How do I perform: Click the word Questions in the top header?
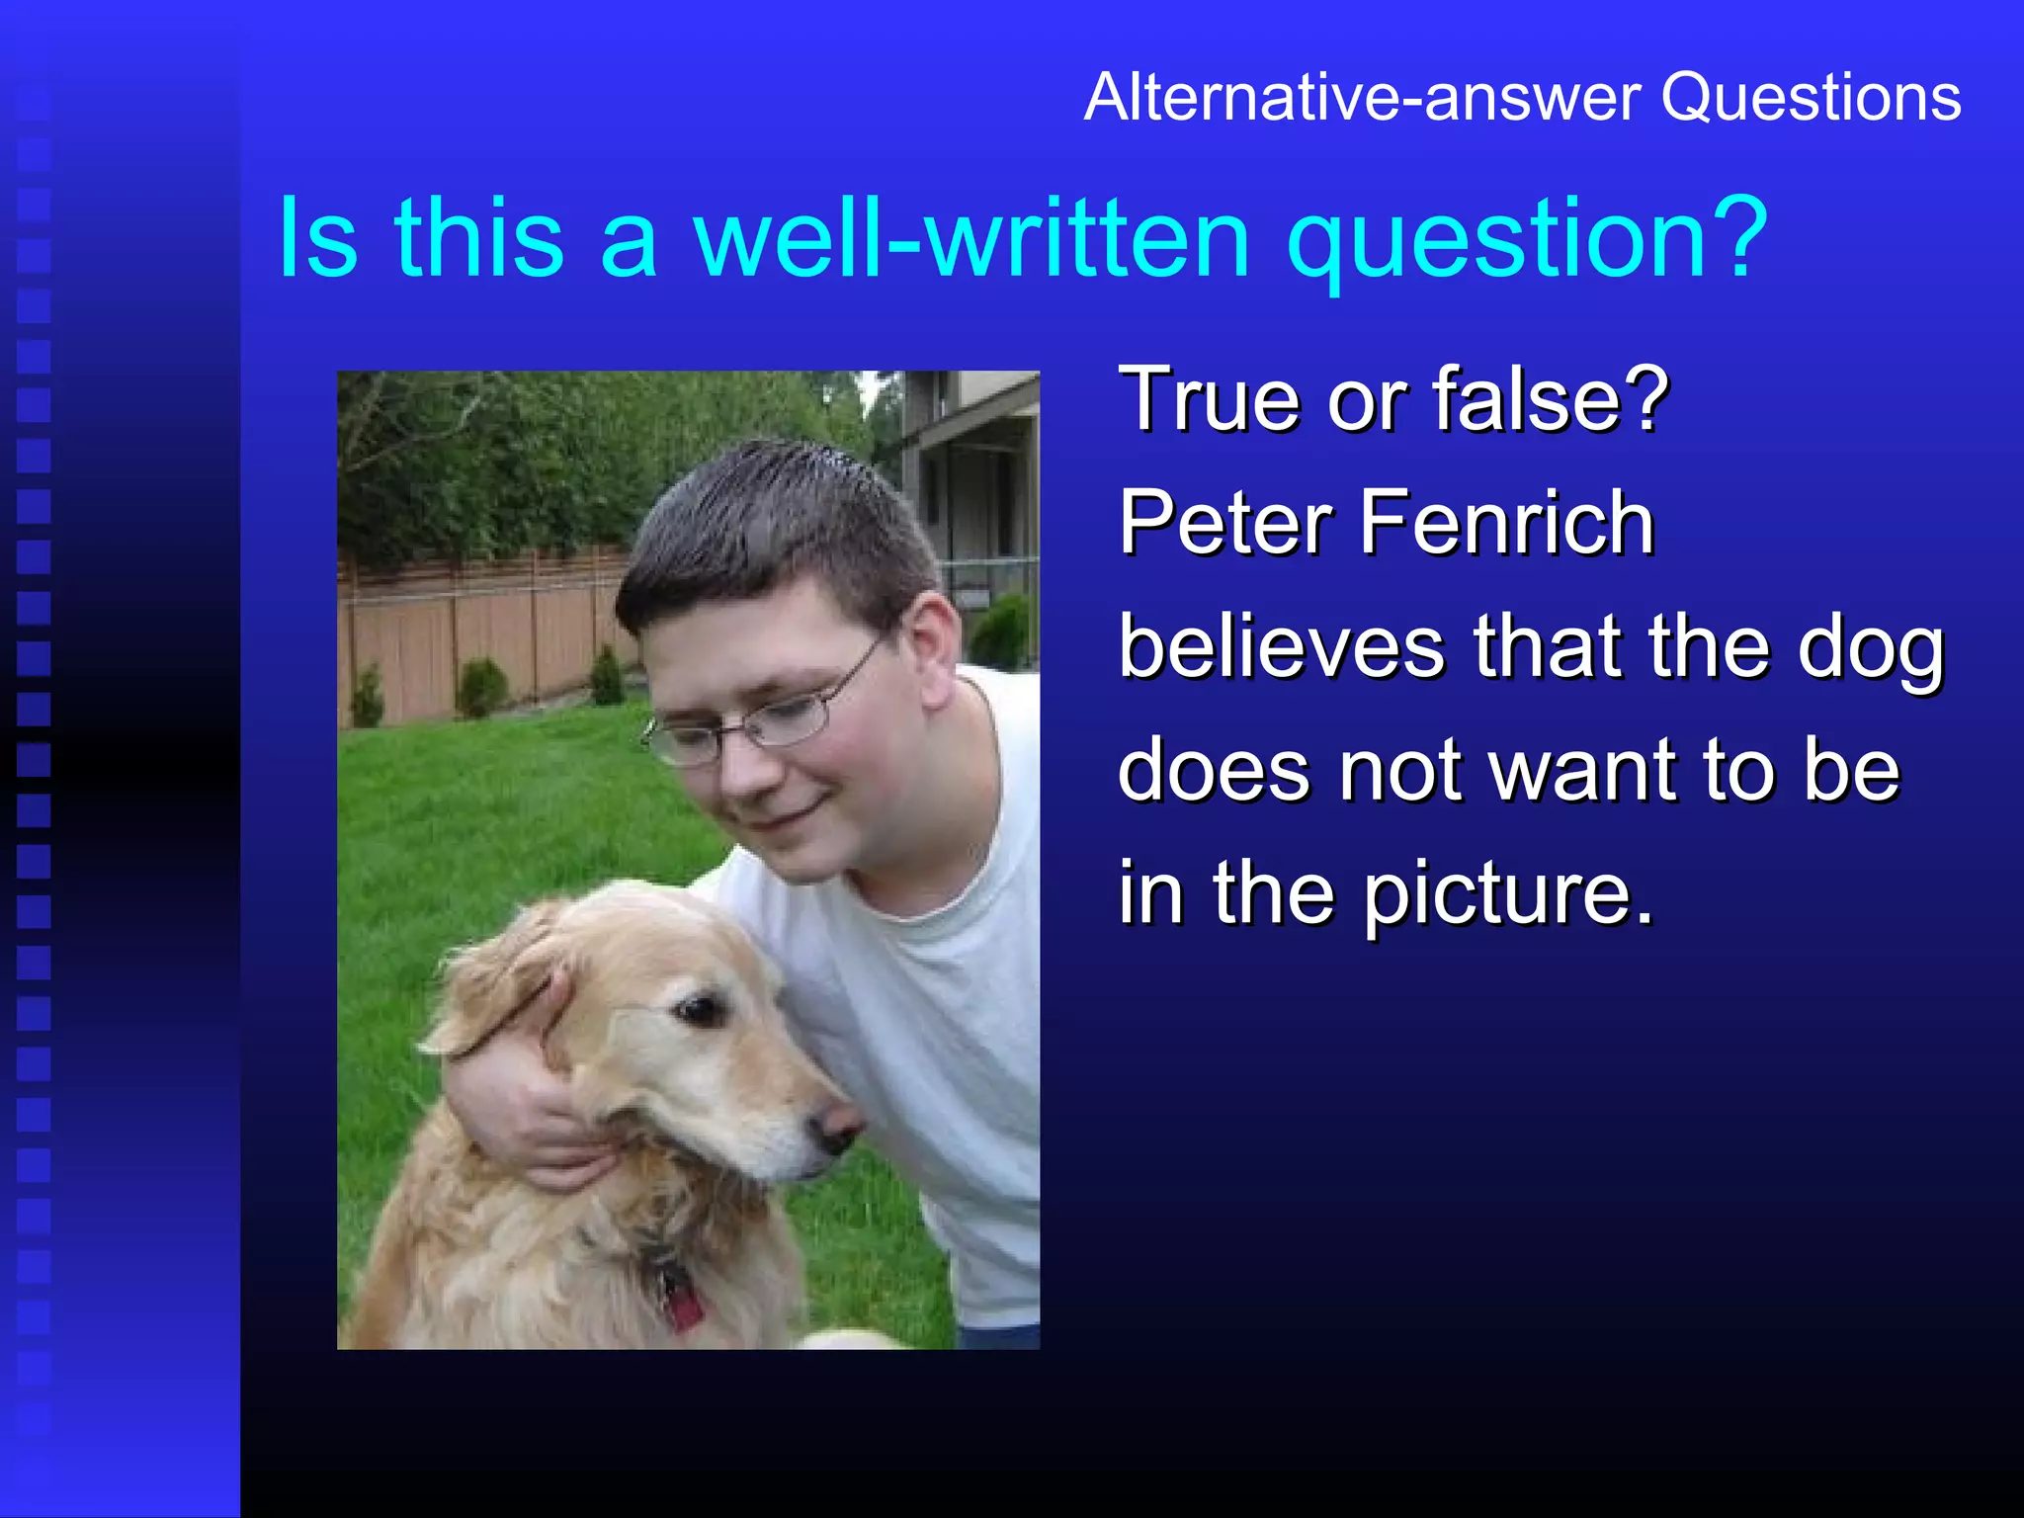[x=1811, y=99]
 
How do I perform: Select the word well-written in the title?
[x=972, y=239]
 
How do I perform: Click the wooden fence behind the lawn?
[x=474, y=632]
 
